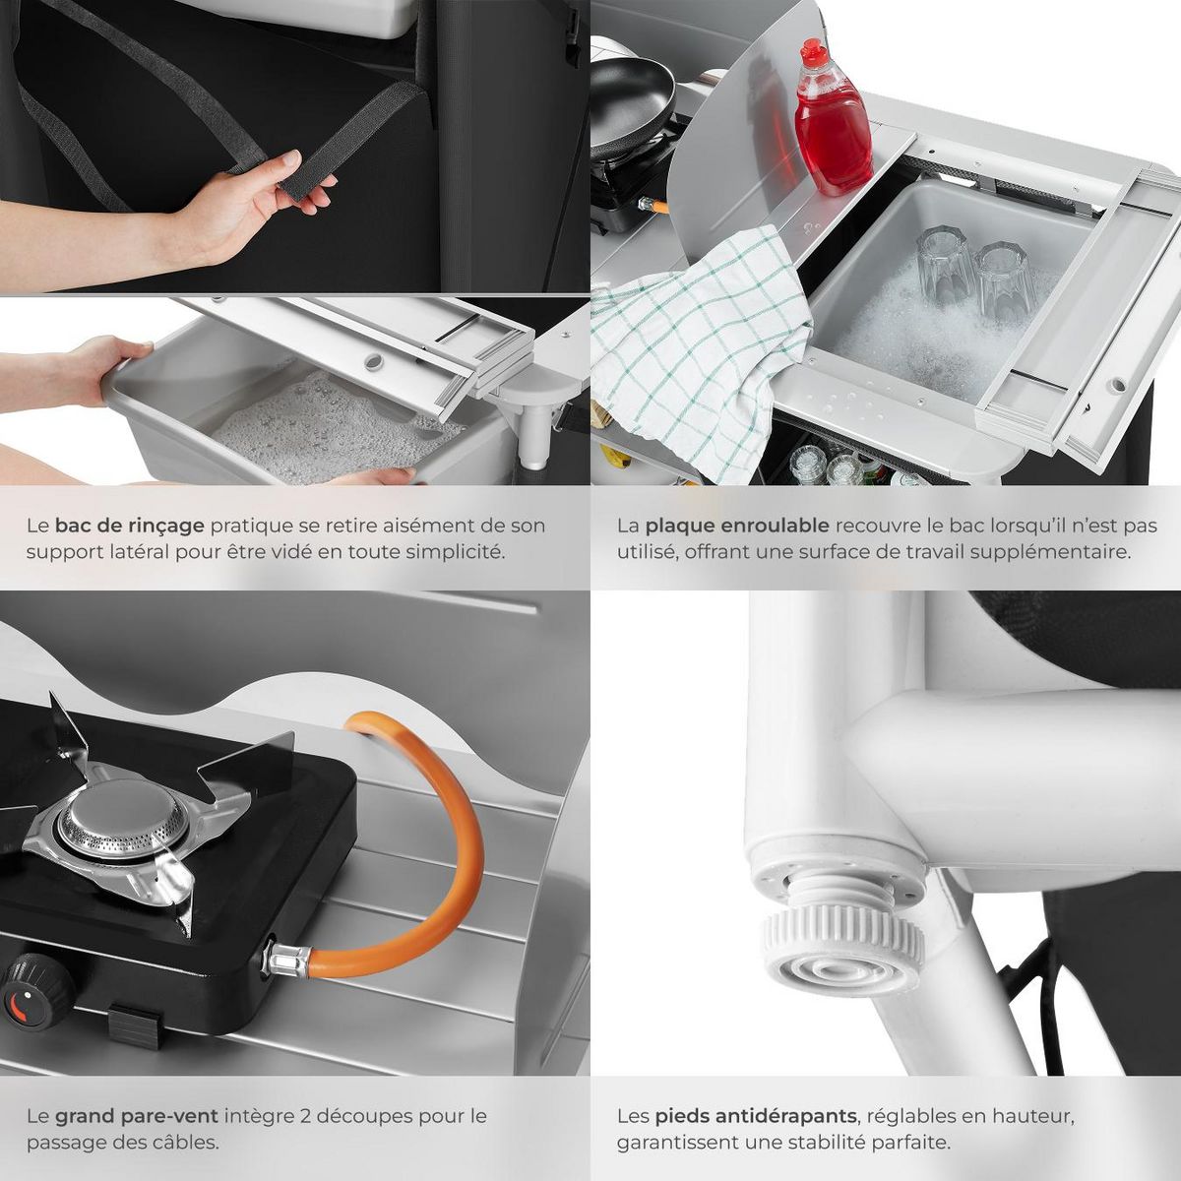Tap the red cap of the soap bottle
pos(813,50)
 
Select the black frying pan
pos(630,93)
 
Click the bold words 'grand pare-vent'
pos(136,1116)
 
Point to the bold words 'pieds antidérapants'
pos(755,1116)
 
